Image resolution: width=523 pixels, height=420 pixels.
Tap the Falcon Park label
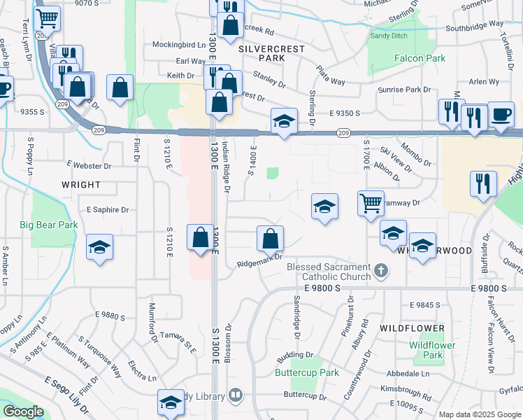coord(420,58)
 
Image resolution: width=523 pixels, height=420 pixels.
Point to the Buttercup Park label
coord(306,372)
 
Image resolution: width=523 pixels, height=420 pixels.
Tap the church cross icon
coord(380,269)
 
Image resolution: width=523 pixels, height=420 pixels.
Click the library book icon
coord(235,396)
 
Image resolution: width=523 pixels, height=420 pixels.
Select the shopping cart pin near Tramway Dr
coord(370,203)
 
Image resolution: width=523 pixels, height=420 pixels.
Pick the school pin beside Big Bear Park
coord(100,247)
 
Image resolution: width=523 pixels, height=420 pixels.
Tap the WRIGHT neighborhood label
coord(81,185)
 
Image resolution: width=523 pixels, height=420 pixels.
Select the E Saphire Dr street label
coord(108,209)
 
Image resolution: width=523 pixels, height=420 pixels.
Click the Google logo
coord(23,412)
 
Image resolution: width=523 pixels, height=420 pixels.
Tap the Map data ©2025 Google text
coord(479,414)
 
